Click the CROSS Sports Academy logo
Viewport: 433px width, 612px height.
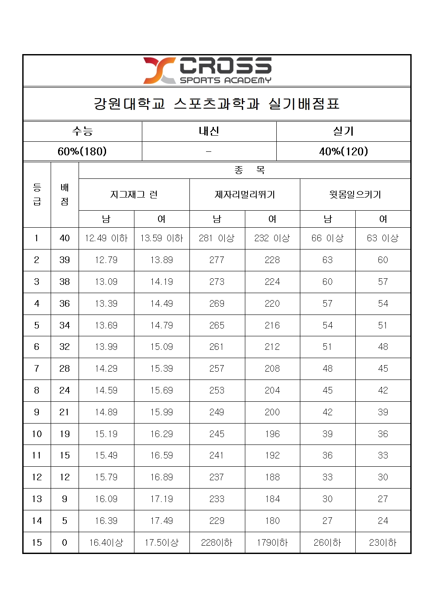pos(208,70)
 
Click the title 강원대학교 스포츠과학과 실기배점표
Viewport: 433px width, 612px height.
pos(216,104)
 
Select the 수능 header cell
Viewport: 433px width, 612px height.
pos(82,131)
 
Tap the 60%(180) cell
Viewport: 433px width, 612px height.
pos(82,151)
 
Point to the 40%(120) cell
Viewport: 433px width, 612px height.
pos(344,151)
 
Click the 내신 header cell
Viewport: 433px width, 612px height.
pos(209,131)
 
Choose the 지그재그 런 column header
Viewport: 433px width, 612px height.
pos(134,195)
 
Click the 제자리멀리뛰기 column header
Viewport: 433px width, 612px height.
pos(245,195)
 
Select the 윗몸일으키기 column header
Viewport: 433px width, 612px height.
pos(355,195)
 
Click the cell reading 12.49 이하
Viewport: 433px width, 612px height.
pos(106,238)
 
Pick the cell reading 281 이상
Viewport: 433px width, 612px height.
pos(217,238)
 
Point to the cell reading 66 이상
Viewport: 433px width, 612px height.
pos(327,238)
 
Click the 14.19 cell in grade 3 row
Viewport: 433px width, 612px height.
pos(162,282)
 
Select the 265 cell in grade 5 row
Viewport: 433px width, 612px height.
pos(217,325)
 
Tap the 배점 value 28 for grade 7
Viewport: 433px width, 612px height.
pos(65,369)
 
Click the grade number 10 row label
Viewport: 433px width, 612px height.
pos(37,434)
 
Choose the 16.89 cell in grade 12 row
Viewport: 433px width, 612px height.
pos(162,477)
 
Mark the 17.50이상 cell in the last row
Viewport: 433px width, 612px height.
pos(162,543)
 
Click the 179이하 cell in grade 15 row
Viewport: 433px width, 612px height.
pos(272,543)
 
